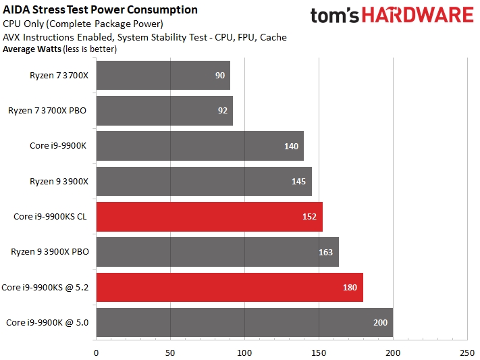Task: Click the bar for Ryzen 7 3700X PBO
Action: (x=164, y=111)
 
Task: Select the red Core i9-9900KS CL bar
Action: (x=209, y=217)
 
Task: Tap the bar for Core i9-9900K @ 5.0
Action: (x=244, y=323)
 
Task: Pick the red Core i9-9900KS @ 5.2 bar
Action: (x=230, y=288)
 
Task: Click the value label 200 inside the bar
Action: (x=380, y=323)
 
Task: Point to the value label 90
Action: (x=220, y=76)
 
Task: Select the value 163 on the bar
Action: (x=326, y=253)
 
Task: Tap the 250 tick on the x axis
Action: (x=466, y=351)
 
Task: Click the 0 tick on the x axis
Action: (x=96, y=351)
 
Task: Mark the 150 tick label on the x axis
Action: (x=319, y=351)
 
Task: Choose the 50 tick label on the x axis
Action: (x=170, y=351)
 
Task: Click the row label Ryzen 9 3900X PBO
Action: (x=49, y=252)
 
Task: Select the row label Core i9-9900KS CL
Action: (x=51, y=217)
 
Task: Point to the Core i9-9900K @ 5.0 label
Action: (x=47, y=323)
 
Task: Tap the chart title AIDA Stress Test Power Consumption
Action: (x=101, y=10)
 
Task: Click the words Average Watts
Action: (x=31, y=49)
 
